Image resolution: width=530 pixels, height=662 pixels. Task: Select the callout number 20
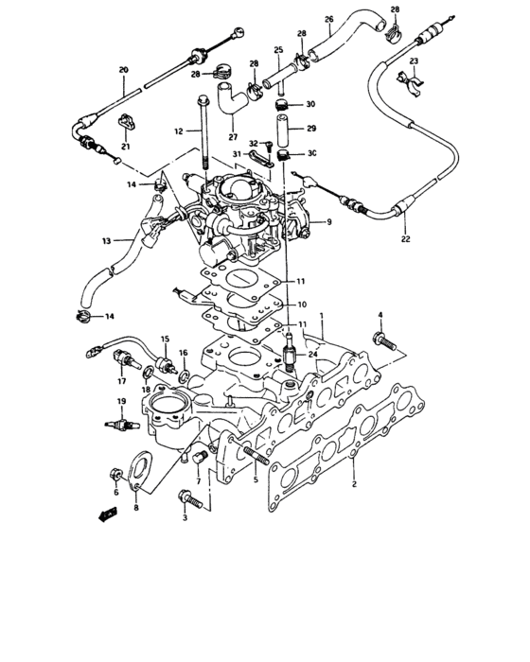coord(123,70)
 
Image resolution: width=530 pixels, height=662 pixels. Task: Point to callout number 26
coord(329,19)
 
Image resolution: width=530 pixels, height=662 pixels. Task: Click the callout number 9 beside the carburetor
coord(329,222)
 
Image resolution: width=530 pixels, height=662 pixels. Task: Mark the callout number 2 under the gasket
coord(353,484)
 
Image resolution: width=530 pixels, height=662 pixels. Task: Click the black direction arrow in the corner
coord(107,514)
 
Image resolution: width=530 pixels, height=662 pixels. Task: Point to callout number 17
coord(121,382)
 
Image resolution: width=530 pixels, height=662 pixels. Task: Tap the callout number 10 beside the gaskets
coord(301,305)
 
